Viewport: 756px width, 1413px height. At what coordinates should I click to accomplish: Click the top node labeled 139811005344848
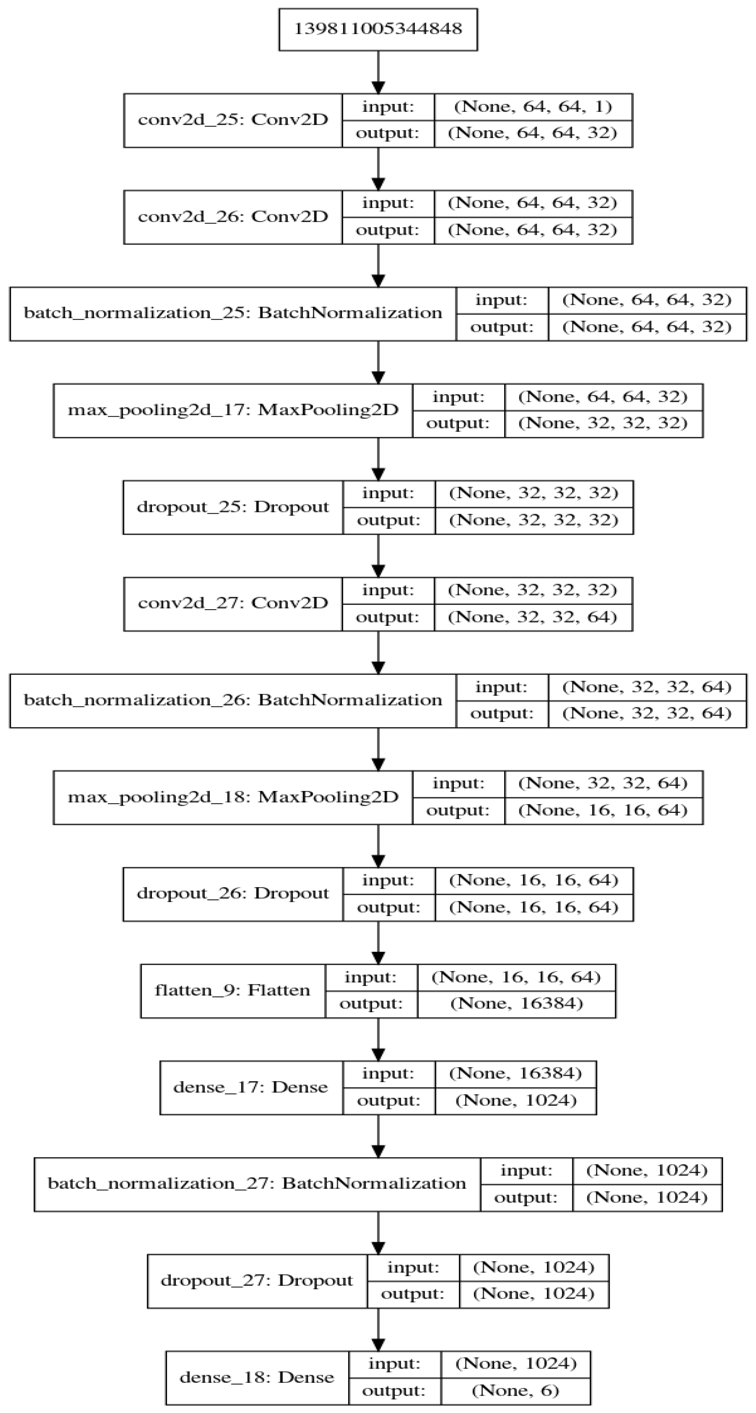[378, 29]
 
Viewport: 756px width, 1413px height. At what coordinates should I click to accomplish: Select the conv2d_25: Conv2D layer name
[232, 119]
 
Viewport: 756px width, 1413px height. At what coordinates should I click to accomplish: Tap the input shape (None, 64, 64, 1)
[533, 106]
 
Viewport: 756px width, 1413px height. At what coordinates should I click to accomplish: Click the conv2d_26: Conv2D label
[232, 217]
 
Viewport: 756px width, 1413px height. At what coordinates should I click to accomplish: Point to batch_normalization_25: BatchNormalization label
[232, 313]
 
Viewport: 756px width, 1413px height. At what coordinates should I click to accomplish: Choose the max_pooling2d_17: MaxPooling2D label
[232, 410]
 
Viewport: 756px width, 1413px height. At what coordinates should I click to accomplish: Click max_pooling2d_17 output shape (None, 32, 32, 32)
[602, 424]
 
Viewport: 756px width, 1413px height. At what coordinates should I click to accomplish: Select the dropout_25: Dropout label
[232, 507]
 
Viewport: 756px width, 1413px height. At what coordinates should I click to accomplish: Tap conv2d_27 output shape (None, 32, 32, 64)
[532, 617]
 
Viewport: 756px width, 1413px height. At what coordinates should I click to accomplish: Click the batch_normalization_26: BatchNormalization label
[232, 701]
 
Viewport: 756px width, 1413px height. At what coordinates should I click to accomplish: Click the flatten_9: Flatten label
[232, 991]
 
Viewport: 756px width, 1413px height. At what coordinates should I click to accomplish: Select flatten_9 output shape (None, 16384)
[516, 1004]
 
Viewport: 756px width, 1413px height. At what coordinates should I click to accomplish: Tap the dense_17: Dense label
[251, 1087]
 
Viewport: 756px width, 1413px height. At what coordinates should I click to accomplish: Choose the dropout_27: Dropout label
[257, 1281]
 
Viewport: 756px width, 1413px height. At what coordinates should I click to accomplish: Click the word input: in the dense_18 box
[394, 1364]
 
